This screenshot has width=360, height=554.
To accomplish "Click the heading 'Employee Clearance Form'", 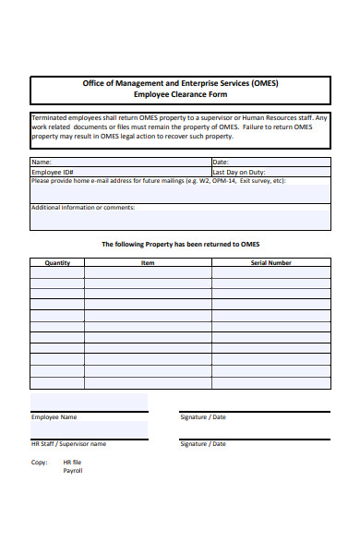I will click(180, 94).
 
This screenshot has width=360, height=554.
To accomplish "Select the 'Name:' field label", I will click(41, 162).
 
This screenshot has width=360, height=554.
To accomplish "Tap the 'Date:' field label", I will click(220, 162).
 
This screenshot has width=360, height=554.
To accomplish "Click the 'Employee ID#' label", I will click(52, 172).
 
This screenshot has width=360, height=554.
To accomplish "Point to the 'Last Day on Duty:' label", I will click(238, 172).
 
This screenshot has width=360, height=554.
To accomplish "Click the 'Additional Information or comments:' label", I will click(83, 208).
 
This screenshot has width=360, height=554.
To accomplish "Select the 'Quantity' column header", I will click(57, 262).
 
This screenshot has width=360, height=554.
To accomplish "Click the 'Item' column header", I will click(148, 262).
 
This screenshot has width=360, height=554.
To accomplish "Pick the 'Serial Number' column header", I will click(270, 262).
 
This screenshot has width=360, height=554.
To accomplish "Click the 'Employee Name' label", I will click(54, 417).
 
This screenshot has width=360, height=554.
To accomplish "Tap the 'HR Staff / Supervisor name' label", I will click(68, 444).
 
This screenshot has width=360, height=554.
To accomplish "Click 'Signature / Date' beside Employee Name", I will click(202, 417).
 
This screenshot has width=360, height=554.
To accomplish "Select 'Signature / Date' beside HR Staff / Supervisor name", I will click(202, 444).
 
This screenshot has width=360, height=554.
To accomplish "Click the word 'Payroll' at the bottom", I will click(72, 471).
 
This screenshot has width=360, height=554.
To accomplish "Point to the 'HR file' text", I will click(72, 462).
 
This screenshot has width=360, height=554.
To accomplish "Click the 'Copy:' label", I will click(39, 462).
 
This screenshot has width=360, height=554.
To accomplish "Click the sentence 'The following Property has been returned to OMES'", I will click(180, 244).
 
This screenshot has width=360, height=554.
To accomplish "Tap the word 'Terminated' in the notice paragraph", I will click(50, 118).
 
